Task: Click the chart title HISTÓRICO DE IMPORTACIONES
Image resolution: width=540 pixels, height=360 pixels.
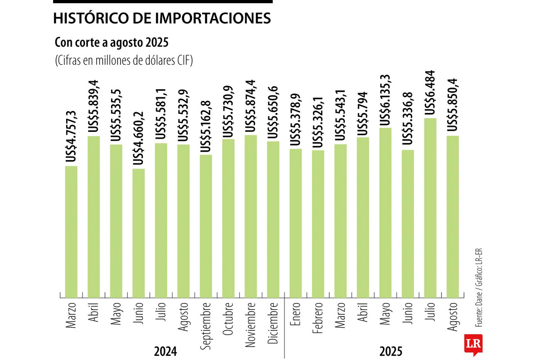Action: point(162,18)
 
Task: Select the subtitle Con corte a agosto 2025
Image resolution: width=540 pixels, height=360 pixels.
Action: point(111,43)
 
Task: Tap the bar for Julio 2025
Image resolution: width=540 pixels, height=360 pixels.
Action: point(430,207)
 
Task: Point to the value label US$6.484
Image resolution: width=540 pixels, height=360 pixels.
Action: point(430,93)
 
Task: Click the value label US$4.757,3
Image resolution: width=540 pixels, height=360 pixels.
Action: point(71,135)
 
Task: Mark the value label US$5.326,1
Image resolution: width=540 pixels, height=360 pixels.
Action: point(318,121)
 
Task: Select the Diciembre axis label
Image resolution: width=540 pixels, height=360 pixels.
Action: point(273,322)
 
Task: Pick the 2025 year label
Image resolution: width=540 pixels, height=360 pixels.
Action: point(390,351)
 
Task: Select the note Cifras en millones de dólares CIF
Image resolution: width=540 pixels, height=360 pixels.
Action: point(124,60)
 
